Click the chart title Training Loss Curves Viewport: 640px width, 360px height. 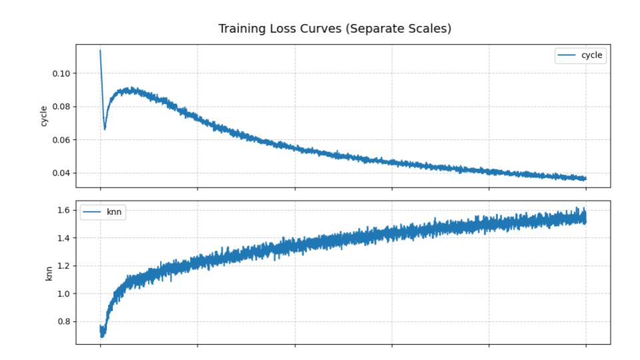pyautogui.click(x=319, y=29)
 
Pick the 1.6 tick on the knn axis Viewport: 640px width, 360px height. pyautogui.click(x=66, y=211)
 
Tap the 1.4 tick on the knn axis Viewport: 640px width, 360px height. pyautogui.click(x=66, y=238)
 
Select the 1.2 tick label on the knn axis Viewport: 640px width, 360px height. pyautogui.click(x=66, y=266)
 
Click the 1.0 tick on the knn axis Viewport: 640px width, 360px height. pyautogui.click(x=66, y=293)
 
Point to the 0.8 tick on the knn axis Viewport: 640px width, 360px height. pyautogui.click(x=66, y=321)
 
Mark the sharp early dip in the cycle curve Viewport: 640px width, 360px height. pyautogui.click(x=105, y=128)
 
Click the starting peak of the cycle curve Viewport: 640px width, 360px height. pyautogui.click(x=100, y=50)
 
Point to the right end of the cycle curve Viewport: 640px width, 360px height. pyautogui.click(x=585, y=179)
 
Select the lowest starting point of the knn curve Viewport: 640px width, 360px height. pyautogui.click(x=103, y=336)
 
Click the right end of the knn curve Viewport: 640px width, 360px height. pyautogui.click(x=585, y=217)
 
